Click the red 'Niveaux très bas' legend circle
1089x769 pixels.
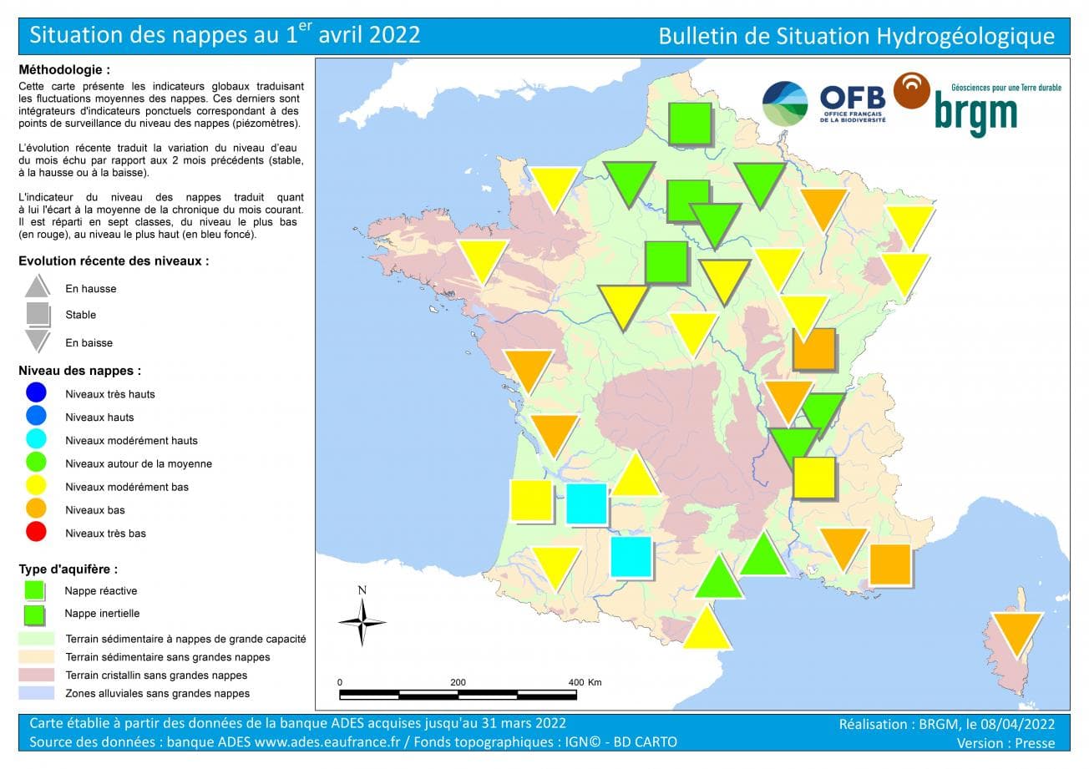(x=36, y=532)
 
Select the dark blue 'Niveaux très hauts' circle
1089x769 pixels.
(x=36, y=393)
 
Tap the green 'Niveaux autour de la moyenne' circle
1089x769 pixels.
(x=36, y=463)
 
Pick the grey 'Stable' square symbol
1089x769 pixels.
(x=38, y=314)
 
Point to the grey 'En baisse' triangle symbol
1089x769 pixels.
(x=38, y=341)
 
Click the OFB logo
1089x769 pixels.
(x=852, y=104)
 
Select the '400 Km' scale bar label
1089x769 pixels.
(x=585, y=682)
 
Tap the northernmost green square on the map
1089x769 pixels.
(x=690, y=124)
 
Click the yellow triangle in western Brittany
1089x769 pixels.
(x=483, y=259)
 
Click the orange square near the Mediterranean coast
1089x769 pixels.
(x=889, y=564)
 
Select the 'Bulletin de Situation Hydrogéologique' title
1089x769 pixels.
(x=856, y=36)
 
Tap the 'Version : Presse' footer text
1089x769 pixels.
(x=1005, y=742)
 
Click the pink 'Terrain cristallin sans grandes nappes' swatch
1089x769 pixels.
(x=36, y=675)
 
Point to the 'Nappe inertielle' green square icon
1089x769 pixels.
(x=34, y=615)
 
